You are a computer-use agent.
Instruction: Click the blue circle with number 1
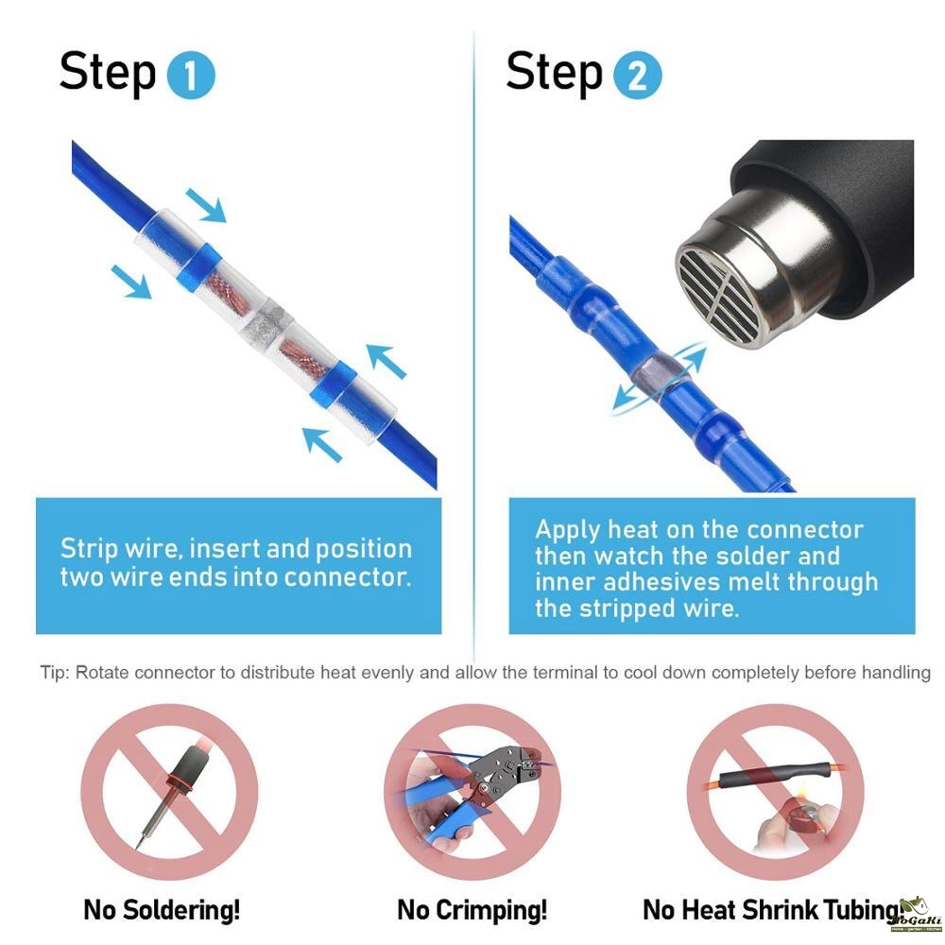[191, 76]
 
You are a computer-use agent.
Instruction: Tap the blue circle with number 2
[637, 76]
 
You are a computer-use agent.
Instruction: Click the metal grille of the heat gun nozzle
[721, 295]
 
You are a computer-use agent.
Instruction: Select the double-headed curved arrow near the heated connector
[660, 377]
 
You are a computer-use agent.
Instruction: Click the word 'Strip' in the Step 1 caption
[89, 549]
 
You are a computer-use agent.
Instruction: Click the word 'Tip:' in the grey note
[55, 673]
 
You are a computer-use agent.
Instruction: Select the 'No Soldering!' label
[162, 909]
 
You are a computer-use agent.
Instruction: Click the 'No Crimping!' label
[472, 909]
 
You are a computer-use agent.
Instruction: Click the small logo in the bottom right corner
[916, 916]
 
